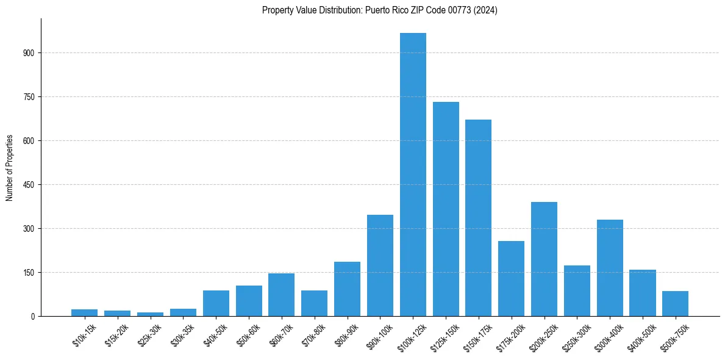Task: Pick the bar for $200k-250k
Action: (544, 259)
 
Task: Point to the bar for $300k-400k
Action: (610, 268)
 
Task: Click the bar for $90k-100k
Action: (380, 265)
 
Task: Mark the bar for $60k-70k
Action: (281, 295)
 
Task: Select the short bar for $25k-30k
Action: (150, 314)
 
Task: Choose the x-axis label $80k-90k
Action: (347, 335)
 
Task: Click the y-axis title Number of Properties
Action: (9, 168)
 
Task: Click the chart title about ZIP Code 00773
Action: (379, 10)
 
